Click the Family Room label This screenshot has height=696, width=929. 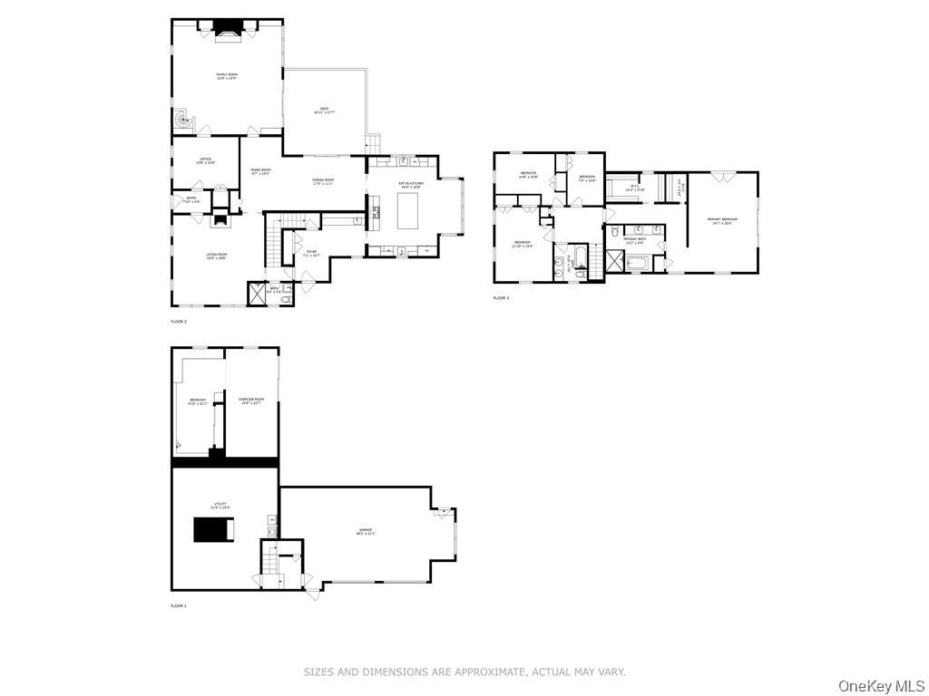click(x=226, y=76)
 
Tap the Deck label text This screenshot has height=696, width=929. click(x=324, y=111)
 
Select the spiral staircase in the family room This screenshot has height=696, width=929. click(x=184, y=119)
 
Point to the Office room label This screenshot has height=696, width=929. click(x=206, y=160)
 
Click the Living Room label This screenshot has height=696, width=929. click(x=216, y=256)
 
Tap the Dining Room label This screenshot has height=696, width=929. click(x=323, y=181)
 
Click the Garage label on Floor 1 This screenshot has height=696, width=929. click(x=365, y=532)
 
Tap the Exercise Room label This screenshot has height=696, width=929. click(x=251, y=401)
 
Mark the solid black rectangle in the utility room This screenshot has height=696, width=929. click(x=214, y=529)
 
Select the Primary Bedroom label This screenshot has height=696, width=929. click(x=722, y=221)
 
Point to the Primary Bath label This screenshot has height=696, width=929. click(x=633, y=240)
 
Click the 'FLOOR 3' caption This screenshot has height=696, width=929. click(x=501, y=298)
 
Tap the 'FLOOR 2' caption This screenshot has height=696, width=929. click(x=179, y=322)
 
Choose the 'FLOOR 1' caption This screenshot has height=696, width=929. click(x=179, y=605)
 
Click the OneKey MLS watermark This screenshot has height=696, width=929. click(x=881, y=685)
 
